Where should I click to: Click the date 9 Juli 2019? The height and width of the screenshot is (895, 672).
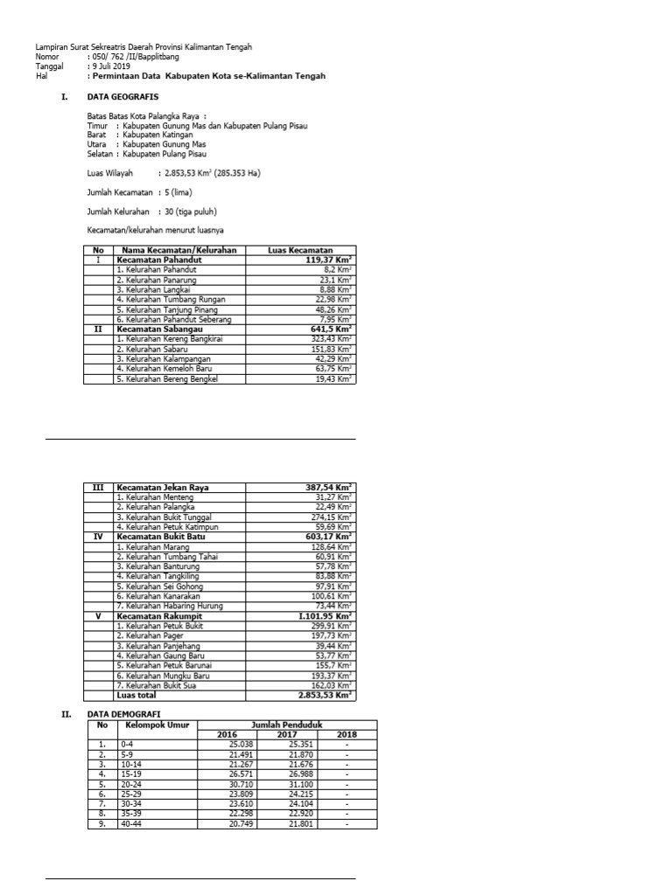[x=110, y=66]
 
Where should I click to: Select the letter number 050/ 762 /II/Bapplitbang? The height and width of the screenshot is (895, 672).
[x=132, y=56]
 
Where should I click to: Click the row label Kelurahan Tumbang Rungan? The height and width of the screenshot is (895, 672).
[x=171, y=299]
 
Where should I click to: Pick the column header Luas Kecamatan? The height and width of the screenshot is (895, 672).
[x=300, y=250]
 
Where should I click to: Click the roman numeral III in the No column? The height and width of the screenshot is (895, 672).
[x=98, y=487]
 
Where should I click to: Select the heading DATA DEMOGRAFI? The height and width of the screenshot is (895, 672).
[x=129, y=714]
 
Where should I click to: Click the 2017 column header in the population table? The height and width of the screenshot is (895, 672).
[x=287, y=734]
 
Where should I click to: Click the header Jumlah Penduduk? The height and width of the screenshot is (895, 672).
[x=286, y=725]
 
